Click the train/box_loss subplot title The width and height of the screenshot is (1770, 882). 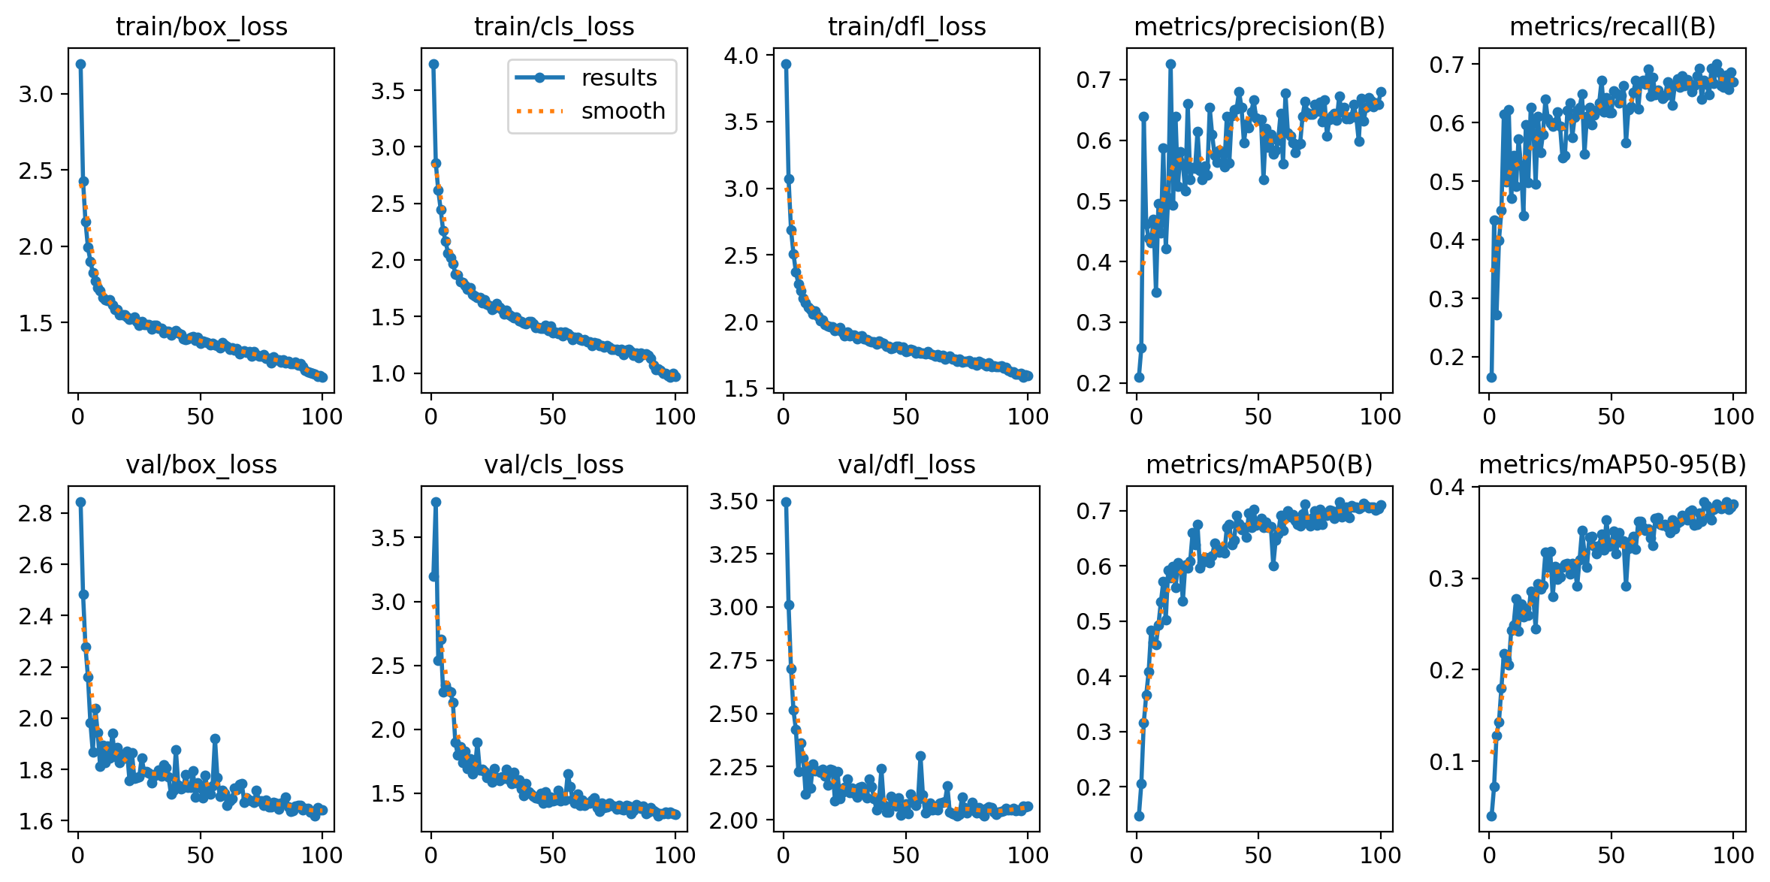click(201, 27)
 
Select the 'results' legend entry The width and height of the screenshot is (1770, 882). click(618, 78)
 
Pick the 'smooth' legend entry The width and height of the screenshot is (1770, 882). click(623, 111)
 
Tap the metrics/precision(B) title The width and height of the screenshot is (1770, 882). click(1259, 27)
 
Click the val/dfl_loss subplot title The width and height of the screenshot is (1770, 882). click(907, 465)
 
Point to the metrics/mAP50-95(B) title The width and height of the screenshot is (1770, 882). click(1612, 465)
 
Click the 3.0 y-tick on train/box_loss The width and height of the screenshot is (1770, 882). click(36, 95)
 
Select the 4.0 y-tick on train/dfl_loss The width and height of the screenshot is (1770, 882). click(742, 56)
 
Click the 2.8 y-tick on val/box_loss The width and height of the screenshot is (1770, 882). click(36, 514)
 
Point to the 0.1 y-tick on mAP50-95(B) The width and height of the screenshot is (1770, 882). click(1447, 763)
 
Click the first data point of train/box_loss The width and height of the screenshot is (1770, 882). click(80, 64)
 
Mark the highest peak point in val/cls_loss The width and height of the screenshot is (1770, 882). click(436, 502)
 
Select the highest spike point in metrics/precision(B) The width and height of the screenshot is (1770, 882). click(1170, 65)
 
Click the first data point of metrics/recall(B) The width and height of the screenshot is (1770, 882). click(1491, 377)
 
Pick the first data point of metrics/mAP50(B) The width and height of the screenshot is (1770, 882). click(1139, 816)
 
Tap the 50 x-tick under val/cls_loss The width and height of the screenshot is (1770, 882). click(553, 855)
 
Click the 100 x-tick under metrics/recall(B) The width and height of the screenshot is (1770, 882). click(1733, 417)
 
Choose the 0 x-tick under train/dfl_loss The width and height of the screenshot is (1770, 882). click(784, 417)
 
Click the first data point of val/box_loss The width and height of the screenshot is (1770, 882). click(80, 502)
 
